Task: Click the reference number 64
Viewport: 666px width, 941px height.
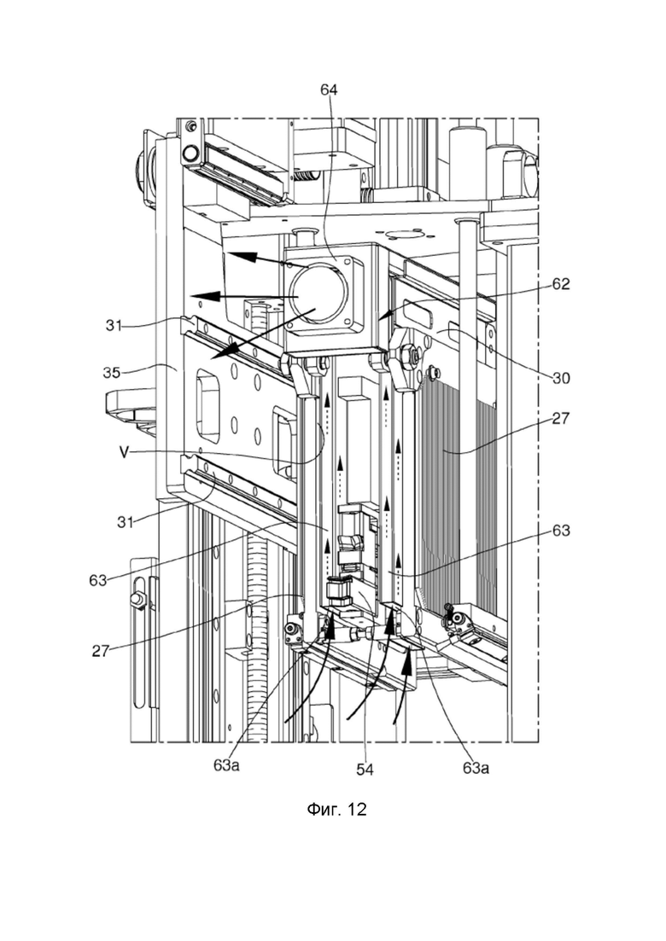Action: pyautogui.click(x=329, y=90)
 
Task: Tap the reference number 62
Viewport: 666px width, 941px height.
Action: pyautogui.click(x=560, y=284)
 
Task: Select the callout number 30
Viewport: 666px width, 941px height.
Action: pyautogui.click(x=560, y=379)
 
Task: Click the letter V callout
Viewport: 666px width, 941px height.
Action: pyautogui.click(x=123, y=452)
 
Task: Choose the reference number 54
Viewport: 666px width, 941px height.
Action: pyautogui.click(x=365, y=770)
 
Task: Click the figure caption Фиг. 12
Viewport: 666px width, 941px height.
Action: pyautogui.click(x=336, y=810)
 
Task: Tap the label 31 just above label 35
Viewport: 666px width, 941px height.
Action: pyautogui.click(x=114, y=326)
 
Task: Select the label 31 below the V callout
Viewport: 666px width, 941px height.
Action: pyautogui.click(x=125, y=523)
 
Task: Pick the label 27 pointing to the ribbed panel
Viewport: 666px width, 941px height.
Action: pyautogui.click(x=560, y=418)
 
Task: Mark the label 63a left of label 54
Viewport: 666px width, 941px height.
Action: pyautogui.click(x=226, y=766)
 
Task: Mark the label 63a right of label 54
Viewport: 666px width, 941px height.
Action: pyautogui.click(x=476, y=768)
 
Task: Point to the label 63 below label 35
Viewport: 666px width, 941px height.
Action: pyautogui.click(x=97, y=580)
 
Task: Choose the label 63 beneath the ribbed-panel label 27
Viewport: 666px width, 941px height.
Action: pyautogui.click(x=560, y=531)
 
